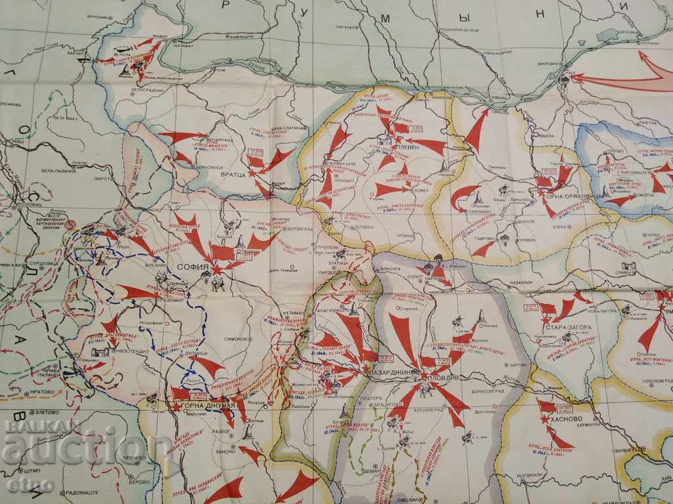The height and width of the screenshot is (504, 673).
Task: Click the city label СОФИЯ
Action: [x=192, y=268]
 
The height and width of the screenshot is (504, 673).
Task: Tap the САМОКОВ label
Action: [x=235, y=339]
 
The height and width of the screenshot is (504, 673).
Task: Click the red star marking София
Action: [x=216, y=270]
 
